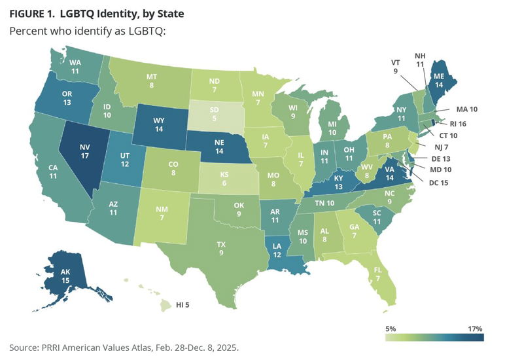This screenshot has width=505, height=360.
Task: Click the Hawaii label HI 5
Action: pyautogui.click(x=189, y=304)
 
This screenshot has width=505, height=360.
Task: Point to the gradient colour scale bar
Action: pyautogui.click(x=433, y=338)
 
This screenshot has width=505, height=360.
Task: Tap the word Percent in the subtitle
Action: pyautogui.click(x=29, y=31)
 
